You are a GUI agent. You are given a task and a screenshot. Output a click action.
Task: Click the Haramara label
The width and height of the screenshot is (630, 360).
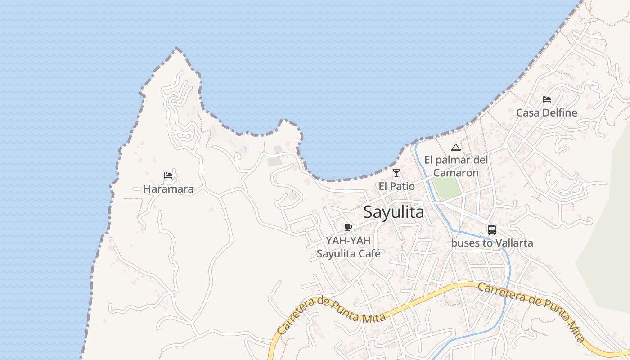(x=168, y=189)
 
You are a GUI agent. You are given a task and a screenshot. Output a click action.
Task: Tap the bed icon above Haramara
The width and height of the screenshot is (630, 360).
(x=168, y=175)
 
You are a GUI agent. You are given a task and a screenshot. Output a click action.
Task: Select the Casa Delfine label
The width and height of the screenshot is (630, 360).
(x=546, y=112)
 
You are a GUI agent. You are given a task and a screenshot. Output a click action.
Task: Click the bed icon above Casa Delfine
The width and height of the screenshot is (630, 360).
(x=547, y=99)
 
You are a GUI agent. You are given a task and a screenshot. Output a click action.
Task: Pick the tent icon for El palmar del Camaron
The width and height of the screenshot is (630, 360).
(x=456, y=147)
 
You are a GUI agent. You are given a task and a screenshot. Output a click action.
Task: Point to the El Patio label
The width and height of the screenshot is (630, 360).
(x=396, y=186)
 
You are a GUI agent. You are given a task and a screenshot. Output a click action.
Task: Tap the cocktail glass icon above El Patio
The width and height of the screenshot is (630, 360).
(x=396, y=173)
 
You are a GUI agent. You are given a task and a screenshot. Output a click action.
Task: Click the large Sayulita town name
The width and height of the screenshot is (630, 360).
(x=394, y=212)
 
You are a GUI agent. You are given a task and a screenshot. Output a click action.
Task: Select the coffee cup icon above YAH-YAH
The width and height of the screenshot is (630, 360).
(x=348, y=227)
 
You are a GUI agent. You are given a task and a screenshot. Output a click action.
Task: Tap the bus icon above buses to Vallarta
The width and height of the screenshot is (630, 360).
(x=492, y=230)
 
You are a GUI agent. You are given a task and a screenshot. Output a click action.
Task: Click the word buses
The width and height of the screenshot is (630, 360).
(x=466, y=243)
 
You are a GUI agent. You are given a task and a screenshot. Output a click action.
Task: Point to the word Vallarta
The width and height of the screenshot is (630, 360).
(x=513, y=243)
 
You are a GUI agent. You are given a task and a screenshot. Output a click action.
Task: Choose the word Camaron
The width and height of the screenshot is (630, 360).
(x=456, y=172)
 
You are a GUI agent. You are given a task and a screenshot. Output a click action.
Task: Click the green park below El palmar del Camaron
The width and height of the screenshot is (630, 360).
(x=447, y=188)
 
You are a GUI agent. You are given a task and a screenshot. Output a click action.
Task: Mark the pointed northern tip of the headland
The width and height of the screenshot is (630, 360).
(x=176, y=49)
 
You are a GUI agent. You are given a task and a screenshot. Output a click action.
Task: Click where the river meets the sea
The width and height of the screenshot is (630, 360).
(x=416, y=142)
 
